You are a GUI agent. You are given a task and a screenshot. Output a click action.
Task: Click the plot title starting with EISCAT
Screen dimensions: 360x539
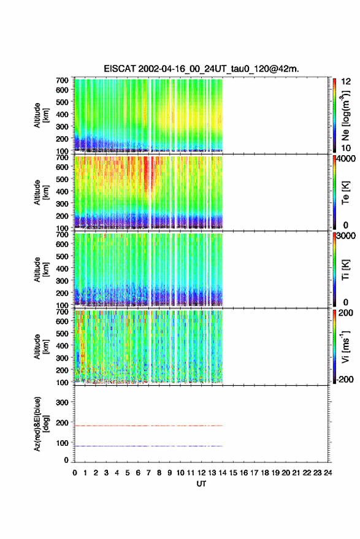[202, 69]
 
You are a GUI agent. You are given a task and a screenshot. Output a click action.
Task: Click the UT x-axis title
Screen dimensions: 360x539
[201, 484]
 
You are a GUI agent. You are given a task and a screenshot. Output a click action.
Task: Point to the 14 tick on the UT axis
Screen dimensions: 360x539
[223, 473]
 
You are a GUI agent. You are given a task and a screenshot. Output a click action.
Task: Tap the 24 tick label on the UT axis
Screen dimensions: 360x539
[327, 473]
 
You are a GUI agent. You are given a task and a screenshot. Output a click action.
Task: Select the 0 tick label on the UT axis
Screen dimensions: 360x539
[75, 473]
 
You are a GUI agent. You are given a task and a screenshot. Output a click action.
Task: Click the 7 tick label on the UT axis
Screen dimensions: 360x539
[148, 473]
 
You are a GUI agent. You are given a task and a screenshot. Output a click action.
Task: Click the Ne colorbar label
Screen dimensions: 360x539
[346, 116]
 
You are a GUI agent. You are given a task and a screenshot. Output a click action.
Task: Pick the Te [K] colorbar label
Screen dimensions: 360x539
[345, 193]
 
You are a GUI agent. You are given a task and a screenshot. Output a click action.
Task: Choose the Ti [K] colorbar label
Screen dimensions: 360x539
[345, 270]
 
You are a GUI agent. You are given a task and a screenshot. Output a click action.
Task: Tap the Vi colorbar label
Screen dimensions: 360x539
[345, 347]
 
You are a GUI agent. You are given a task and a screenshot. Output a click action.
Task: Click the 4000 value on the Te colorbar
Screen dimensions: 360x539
[345, 159]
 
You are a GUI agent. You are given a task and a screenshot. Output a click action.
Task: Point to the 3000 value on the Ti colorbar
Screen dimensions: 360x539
[345, 236]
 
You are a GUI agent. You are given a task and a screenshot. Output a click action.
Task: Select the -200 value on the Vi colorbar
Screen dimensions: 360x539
[345, 379]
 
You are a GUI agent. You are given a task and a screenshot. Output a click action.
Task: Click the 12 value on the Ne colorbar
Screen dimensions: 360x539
[347, 82]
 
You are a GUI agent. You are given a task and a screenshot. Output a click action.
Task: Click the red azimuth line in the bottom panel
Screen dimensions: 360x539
[148, 426]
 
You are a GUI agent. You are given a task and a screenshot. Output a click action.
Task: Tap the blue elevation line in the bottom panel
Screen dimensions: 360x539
[148, 446]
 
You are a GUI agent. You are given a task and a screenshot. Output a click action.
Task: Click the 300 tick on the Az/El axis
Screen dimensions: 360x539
[62, 402]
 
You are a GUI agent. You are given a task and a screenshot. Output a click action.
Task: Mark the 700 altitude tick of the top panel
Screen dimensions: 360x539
[62, 80]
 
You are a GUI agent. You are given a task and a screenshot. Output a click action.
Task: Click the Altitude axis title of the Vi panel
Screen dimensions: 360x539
[41, 347]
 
